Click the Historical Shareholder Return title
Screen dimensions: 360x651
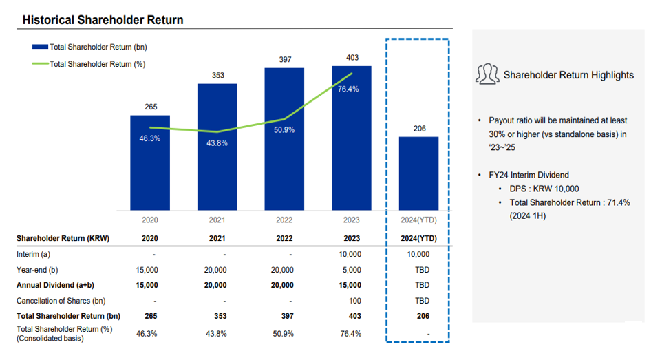[103, 20]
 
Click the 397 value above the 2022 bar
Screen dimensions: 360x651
[285, 60]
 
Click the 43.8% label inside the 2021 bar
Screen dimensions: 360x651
[217, 143]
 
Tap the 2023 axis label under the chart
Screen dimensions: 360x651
[351, 220]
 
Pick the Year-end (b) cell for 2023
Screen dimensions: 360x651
[351, 270]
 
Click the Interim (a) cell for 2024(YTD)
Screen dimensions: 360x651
[418, 255]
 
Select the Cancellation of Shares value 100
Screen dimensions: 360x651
[351, 301]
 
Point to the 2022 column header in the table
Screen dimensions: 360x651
[284, 239]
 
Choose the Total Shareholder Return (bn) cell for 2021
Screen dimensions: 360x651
[217, 316]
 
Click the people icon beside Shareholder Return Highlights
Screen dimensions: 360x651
[487, 74]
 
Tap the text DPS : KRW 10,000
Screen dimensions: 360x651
[543, 189]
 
